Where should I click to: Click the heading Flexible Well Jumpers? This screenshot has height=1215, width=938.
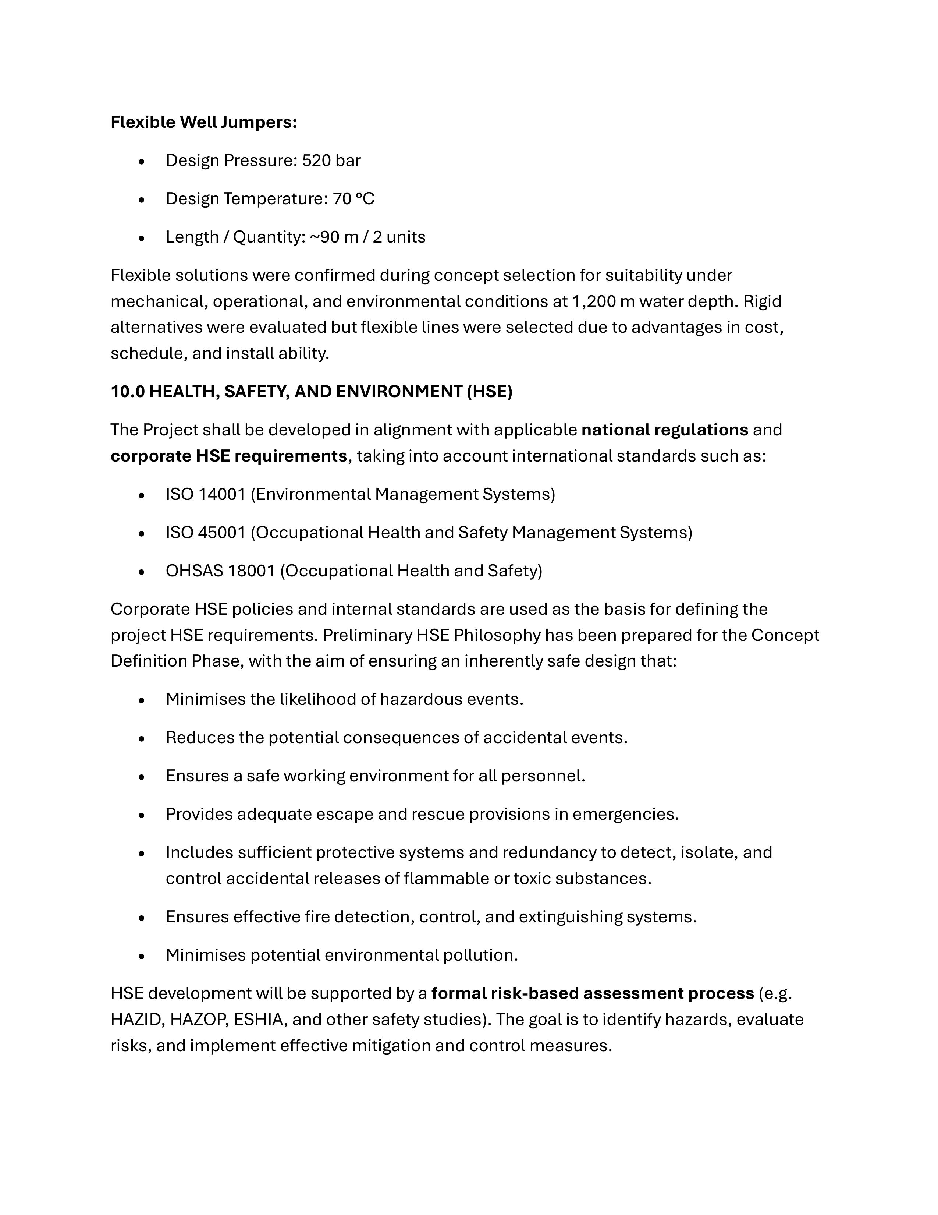(203, 122)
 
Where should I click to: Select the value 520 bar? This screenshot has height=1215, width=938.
(331, 160)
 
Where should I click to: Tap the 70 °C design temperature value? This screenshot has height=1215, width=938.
(353, 199)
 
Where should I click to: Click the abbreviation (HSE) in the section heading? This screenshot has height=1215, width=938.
(489, 392)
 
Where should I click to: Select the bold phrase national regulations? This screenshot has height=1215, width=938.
(664, 430)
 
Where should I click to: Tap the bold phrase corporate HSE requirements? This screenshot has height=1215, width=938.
(228, 456)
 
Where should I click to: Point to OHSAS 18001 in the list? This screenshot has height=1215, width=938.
(220, 571)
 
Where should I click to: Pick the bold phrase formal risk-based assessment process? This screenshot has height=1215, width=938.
(592, 993)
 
